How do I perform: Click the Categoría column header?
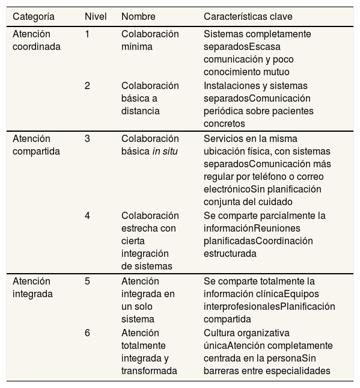tap(34, 16)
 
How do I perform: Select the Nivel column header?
tap(96, 16)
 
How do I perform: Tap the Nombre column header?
tap(138, 16)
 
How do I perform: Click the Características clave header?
tap(248, 16)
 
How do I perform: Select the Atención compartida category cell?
tap(36, 145)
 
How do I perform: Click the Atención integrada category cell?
tap(32, 288)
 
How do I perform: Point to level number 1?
tap(87, 34)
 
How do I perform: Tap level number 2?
tap(87, 86)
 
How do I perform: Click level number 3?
tap(87, 139)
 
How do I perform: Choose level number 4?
tap(87, 216)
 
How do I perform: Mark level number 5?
tap(87, 282)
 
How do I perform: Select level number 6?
tap(87, 333)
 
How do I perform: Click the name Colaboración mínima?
tap(150, 40)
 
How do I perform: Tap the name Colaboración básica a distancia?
tap(150, 98)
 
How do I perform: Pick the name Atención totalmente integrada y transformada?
tap(148, 352)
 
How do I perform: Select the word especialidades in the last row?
tap(298, 371)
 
